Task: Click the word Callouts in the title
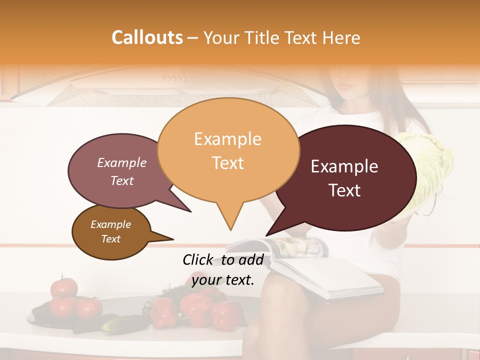pos(147,37)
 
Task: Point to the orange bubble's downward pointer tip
pos(230,229)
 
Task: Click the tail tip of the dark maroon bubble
pos(267,234)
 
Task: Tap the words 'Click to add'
pos(222,259)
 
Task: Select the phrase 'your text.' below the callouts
pos(223,280)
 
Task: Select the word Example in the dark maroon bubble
pos(344,166)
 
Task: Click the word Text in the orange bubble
pos(228,163)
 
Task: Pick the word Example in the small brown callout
pos(110,224)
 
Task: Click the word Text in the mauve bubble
pos(122,180)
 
